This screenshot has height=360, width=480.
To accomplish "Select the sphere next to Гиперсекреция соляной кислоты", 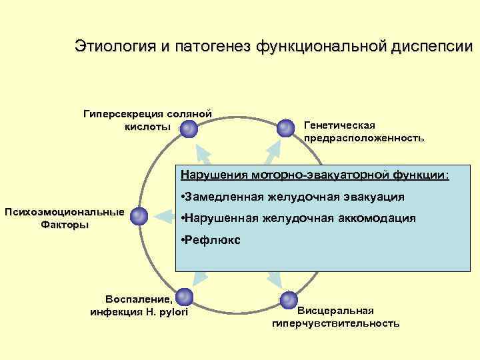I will pos(188,128).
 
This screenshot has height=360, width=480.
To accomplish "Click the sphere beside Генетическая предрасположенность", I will pos(286,127).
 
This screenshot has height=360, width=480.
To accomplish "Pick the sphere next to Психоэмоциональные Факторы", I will pos(139,216).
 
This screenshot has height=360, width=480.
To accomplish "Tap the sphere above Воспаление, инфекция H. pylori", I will pos(184,297).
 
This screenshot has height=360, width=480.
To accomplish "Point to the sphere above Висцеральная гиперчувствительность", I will pos(288,299).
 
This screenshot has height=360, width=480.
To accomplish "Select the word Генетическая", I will pos(339,125).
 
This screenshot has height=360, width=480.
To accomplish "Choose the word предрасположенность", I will pos(363,138).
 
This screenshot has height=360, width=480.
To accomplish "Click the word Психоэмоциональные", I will pos(64,212).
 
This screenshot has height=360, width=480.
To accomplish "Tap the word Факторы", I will pos(65,225).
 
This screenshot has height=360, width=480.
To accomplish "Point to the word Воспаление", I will pos(136,297).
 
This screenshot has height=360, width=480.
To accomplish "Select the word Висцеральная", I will pos(335,311).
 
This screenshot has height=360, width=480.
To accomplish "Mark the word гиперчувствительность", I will pos(335,323).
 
